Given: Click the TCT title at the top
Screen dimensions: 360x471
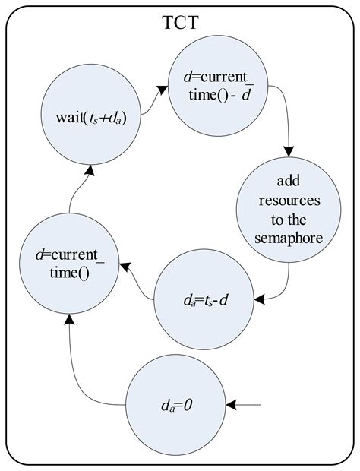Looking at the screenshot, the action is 181,22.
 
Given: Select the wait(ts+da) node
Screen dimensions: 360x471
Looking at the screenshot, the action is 91,114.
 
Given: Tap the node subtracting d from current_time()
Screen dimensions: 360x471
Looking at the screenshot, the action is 218,86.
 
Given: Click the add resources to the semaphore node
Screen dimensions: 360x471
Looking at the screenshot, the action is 289,210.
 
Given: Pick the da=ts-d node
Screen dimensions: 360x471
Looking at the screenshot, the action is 204,299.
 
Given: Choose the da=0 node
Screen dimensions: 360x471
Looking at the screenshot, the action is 175,405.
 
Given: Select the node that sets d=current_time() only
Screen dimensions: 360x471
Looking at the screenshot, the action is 69,264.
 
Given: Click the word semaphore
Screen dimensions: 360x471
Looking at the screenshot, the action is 289,239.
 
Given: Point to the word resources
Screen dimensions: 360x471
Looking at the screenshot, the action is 289,201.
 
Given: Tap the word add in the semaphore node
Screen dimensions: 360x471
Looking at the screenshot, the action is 289,181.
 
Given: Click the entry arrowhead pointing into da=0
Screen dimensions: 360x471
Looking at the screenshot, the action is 231,405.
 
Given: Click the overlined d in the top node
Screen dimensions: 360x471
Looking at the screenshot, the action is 247,95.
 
